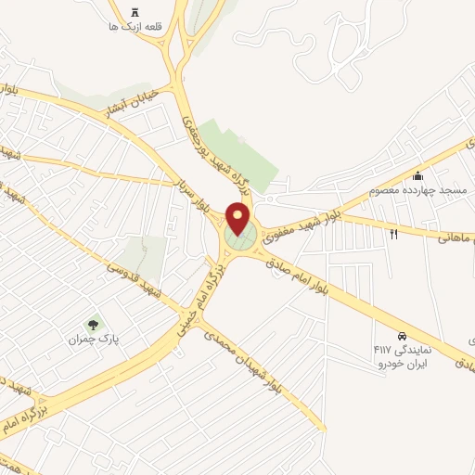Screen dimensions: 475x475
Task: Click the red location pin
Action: coord(238,219)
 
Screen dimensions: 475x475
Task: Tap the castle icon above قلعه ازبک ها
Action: coord(135,12)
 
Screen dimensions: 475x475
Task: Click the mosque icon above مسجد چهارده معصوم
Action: coord(418,176)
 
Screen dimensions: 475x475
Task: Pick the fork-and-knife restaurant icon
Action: coord(394,234)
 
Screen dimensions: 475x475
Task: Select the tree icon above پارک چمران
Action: coord(92,325)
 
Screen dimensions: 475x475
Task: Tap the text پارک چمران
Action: coord(90,340)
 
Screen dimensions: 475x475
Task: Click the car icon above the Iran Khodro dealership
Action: coord(402,335)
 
